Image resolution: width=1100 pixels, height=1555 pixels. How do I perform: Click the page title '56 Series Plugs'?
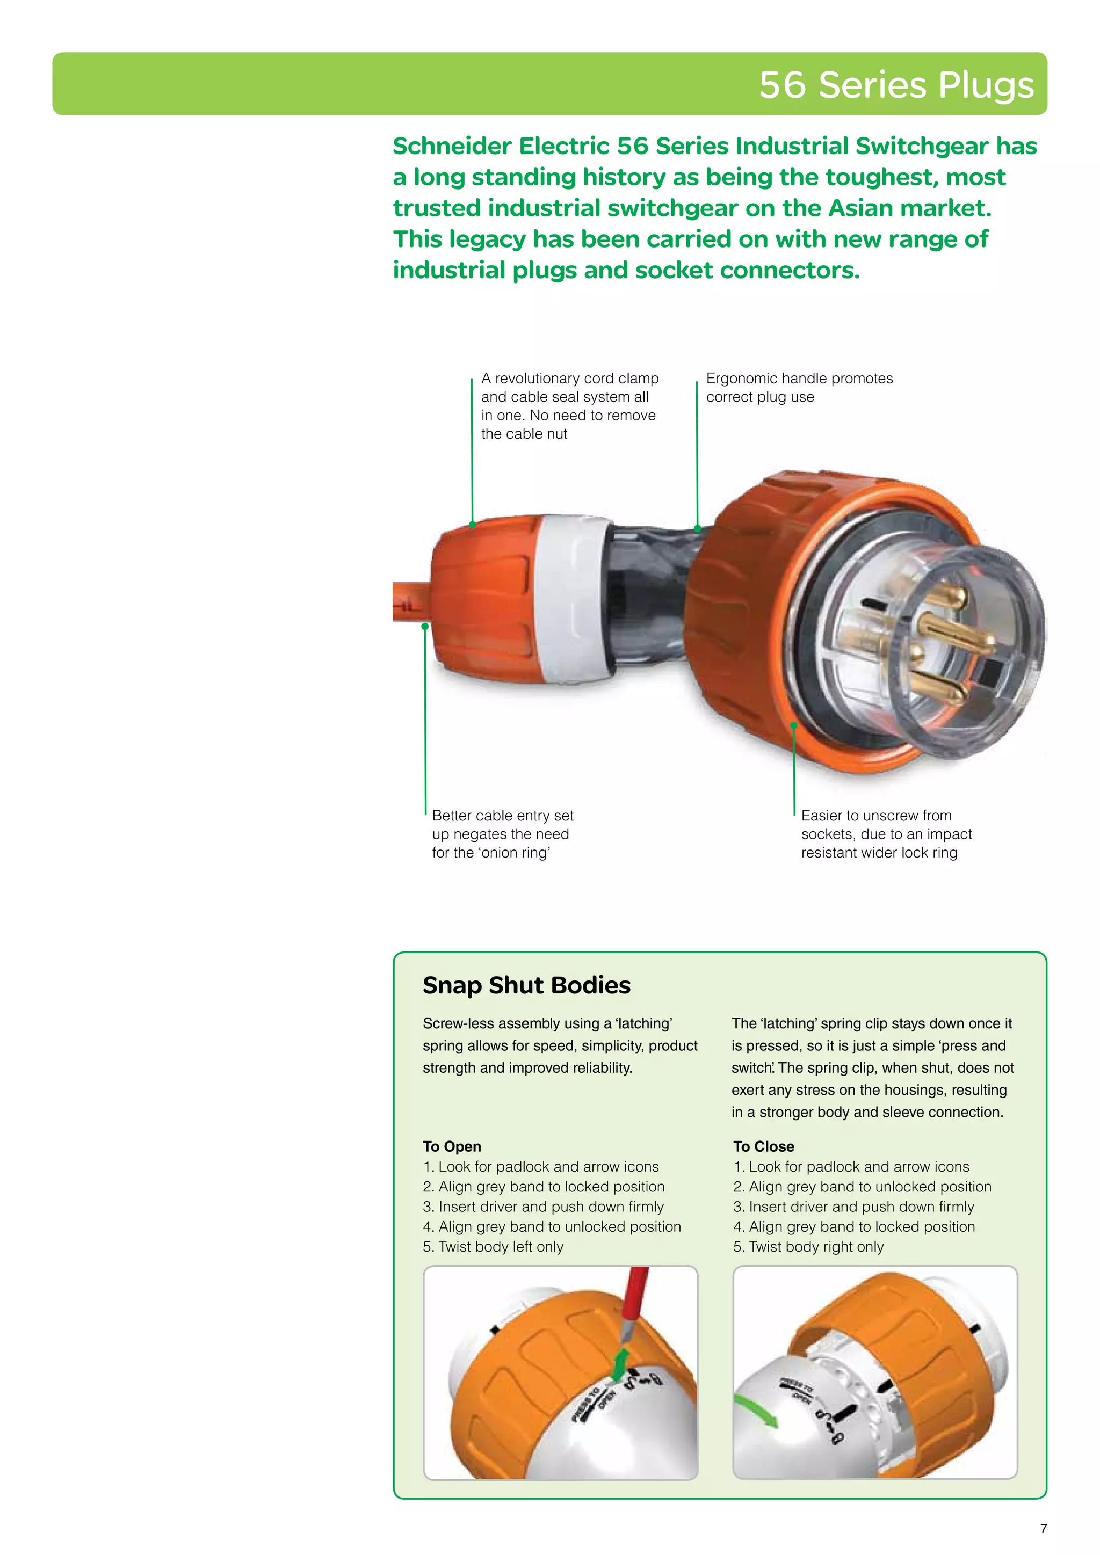(895, 85)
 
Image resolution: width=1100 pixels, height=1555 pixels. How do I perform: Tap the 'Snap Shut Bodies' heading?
(526, 985)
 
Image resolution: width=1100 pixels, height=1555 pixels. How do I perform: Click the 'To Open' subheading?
(452, 1146)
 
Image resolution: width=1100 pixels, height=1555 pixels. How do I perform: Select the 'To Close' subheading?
(763, 1146)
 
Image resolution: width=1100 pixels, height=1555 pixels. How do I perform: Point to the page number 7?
(1043, 1528)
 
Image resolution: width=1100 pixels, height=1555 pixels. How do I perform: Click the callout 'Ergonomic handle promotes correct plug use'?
(799, 387)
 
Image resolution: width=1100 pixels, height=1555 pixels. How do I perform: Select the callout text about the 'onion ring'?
(503, 834)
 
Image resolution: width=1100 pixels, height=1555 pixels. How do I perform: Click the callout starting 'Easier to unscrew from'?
(886, 834)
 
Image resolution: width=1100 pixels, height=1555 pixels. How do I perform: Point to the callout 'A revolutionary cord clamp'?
(569, 406)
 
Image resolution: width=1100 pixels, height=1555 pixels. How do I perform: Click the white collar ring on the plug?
(576, 596)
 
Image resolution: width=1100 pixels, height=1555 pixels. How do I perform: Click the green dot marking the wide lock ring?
(794, 725)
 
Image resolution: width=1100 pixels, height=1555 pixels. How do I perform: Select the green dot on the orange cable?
(425, 627)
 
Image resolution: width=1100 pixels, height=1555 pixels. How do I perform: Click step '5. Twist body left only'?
(493, 1246)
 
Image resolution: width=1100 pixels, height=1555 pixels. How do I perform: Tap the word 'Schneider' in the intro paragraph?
(451, 146)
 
